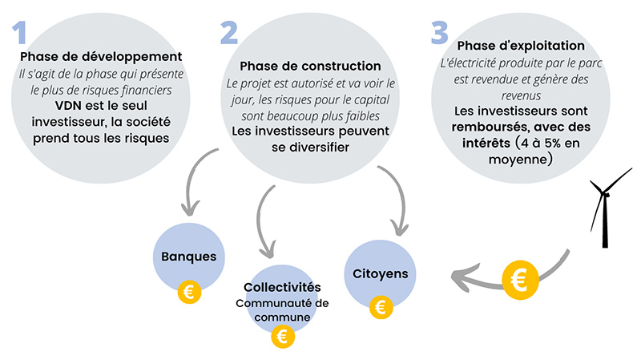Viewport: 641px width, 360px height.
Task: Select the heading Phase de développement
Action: (x=101, y=57)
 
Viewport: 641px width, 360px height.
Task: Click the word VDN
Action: (x=70, y=105)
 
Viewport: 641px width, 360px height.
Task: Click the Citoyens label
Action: (x=381, y=273)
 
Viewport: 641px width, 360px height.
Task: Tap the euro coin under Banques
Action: (x=189, y=293)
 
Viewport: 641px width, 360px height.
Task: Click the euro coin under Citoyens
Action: (x=381, y=307)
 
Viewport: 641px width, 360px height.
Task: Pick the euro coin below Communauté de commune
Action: (x=282, y=337)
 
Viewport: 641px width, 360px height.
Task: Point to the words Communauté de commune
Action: (x=282, y=309)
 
